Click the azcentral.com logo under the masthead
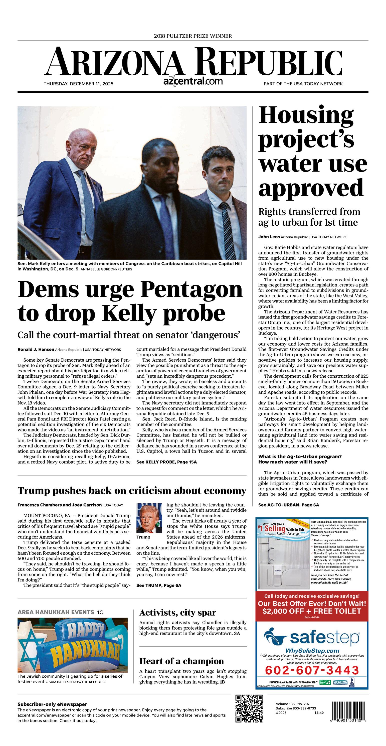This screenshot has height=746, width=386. pos(193,81)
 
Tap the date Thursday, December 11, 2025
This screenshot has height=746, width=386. pos(78,84)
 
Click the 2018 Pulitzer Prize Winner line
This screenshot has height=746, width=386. pos(193,36)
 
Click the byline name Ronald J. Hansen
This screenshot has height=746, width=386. pos(36,350)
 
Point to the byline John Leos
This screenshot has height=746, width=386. pos(269,237)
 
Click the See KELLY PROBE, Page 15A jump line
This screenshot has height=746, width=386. pos(166,462)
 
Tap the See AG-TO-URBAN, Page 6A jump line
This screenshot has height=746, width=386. pos(288,505)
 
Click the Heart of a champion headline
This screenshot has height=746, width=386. pos(181,661)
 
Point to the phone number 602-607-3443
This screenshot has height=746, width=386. pos(312,670)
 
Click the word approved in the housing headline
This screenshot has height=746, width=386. pos(311,187)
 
